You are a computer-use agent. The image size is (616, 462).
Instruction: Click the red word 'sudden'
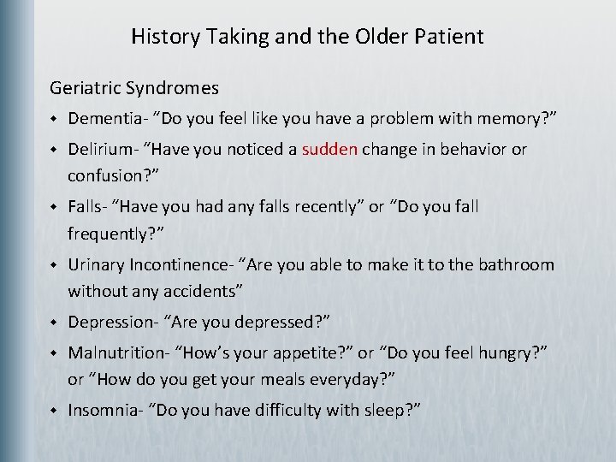[329, 149]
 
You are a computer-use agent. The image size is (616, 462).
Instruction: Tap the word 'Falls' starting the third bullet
[86, 206]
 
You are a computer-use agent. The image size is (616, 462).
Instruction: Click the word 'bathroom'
[516, 265]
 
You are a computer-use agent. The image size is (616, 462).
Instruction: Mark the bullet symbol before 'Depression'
[53, 323]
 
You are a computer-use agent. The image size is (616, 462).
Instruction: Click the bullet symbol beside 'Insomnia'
[53, 411]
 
